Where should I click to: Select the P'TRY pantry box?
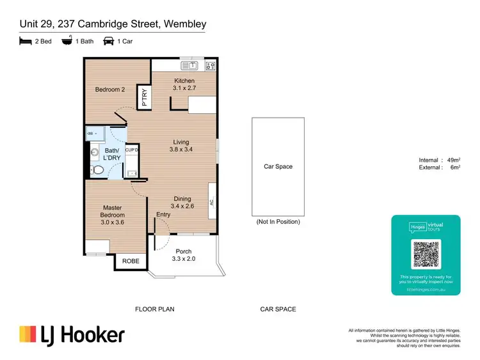point(144,100)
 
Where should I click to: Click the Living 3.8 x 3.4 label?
point(181,146)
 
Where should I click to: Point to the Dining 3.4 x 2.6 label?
point(181,203)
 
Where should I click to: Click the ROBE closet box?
point(131,261)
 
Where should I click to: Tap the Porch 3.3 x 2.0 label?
point(184,255)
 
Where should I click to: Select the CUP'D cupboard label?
point(132,150)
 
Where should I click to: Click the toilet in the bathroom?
point(95,170)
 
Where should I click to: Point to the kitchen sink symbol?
point(188,65)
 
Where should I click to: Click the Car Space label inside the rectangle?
point(278,167)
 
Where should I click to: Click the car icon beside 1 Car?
point(108,40)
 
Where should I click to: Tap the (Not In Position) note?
point(278,222)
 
